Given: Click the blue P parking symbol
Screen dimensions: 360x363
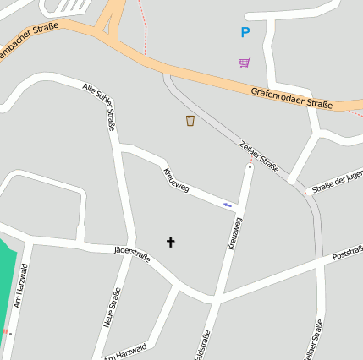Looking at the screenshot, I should (245, 33).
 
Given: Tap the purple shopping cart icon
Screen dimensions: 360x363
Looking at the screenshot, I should (245, 62).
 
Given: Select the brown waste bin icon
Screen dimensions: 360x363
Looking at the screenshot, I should (190, 121).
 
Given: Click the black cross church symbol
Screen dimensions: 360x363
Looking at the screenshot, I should (170, 243).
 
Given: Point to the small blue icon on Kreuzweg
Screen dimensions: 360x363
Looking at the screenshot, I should (227, 204).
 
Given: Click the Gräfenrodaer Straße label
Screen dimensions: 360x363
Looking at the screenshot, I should (292, 97).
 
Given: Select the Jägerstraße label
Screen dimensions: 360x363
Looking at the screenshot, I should (131, 254).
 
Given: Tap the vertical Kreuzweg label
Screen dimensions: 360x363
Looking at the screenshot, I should (234, 232).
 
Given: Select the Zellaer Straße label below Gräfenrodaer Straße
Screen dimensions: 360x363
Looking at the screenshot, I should (259, 155).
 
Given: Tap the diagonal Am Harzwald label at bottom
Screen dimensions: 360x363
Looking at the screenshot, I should (125, 352).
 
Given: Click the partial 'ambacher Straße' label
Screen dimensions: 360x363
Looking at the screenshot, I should (29, 41).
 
